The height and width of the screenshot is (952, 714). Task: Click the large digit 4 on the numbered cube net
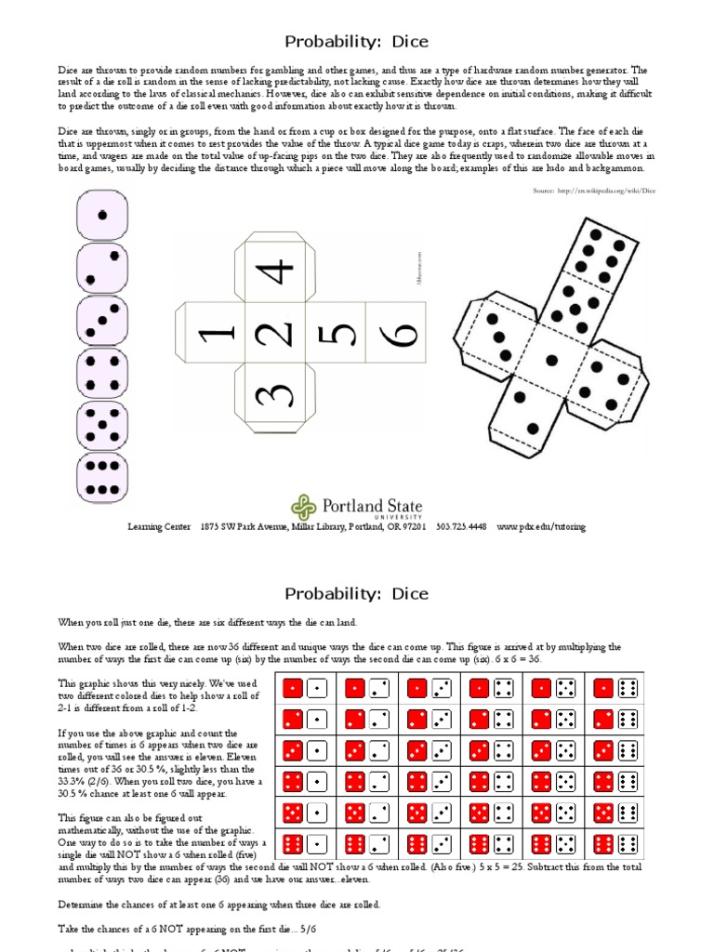(x=276, y=272)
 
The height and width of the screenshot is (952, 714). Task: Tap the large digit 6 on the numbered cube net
(x=398, y=333)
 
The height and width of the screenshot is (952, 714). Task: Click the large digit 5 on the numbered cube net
(x=337, y=333)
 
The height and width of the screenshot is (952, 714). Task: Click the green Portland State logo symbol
(x=304, y=508)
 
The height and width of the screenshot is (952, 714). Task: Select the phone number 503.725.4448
(x=460, y=527)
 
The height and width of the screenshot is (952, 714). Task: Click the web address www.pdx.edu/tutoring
(x=541, y=527)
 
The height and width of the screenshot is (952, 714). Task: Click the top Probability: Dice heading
(x=356, y=42)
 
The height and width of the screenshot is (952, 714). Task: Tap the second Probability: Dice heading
(x=356, y=593)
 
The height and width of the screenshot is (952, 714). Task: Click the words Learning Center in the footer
(x=158, y=527)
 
